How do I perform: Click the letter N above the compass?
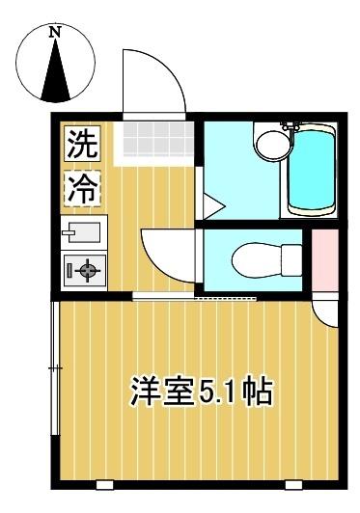pyautogui.click(x=56, y=31)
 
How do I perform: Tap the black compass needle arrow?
pyautogui.click(x=56, y=70)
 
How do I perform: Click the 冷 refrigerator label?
pyautogui.click(x=82, y=187)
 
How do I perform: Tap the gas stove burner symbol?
pyautogui.click(x=84, y=271)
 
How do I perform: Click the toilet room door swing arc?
pyautogui.click(x=164, y=254)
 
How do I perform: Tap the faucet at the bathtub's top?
pyautogui.click(x=288, y=126)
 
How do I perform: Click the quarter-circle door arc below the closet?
pyautogui.click(x=329, y=314)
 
